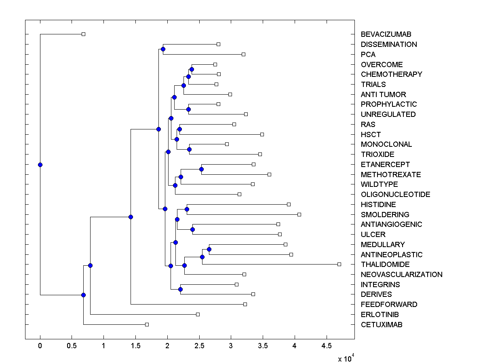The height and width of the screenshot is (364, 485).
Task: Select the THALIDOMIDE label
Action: click(x=385, y=265)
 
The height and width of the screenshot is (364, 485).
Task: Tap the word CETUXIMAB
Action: click(x=382, y=325)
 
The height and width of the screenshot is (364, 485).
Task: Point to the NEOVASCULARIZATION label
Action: click(x=401, y=275)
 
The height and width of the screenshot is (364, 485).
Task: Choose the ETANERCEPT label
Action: click(x=385, y=165)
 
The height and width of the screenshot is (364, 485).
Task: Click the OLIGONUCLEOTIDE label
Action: click(x=395, y=195)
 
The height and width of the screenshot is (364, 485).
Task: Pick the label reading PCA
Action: click(x=368, y=55)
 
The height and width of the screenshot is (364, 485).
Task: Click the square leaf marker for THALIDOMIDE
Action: click(x=339, y=264)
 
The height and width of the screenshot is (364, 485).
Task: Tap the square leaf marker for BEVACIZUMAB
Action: click(x=83, y=34)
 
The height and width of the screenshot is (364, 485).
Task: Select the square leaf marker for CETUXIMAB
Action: click(x=147, y=324)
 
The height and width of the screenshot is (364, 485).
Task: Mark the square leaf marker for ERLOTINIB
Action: click(x=198, y=314)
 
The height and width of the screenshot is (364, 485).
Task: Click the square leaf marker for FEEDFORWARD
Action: click(x=245, y=304)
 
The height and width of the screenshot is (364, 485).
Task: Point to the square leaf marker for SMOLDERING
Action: click(x=299, y=214)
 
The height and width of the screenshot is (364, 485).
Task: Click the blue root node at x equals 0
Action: click(x=40, y=165)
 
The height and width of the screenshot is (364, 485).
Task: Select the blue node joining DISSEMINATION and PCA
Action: click(x=163, y=49)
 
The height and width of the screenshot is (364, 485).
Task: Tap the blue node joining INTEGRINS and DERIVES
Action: click(x=180, y=289)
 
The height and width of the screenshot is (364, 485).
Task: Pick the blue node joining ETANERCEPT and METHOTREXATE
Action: click(x=201, y=169)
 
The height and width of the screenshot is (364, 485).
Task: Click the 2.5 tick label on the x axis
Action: click(x=199, y=346)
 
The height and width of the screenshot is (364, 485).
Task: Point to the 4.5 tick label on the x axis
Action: click(x=326, y=346)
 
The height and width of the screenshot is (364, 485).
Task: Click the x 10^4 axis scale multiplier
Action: click(x=346, y=358)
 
